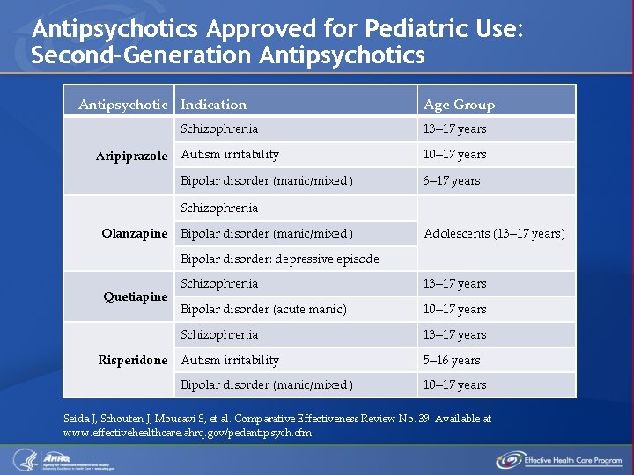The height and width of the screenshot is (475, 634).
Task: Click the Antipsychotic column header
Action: tap(122, 105)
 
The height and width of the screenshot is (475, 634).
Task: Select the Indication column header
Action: tap(213, 105)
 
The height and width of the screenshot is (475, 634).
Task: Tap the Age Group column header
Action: tap(459, 105)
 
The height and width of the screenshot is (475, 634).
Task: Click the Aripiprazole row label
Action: tap(131, 156)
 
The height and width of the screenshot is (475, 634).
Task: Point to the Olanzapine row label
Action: tap(134, 233)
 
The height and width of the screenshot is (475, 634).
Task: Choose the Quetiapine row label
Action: tap(135, 296)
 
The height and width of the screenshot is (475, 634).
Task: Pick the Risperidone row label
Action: tap(132, 360)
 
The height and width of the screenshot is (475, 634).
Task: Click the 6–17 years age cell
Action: tap(452, 181)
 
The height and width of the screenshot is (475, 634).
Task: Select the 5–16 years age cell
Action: tap(452, 360)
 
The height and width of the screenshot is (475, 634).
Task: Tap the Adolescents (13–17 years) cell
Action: tap(494, 233)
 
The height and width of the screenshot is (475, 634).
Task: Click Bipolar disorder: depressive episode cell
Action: tap(279, 259)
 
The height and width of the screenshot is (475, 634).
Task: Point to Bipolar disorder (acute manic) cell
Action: tap(263, 309)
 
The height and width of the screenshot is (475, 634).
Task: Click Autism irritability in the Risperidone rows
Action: tap(230, 360)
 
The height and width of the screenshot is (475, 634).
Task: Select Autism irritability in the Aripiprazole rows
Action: tap(230, 155)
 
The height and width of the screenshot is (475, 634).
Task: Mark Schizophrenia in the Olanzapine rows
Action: tap(219, 208)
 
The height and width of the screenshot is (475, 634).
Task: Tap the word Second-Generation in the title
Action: tap(142, 55)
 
